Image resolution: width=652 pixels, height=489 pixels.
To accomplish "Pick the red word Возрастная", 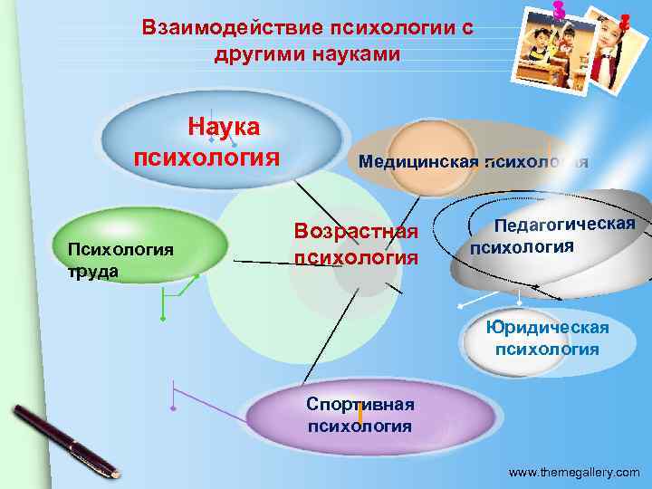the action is (356, 231).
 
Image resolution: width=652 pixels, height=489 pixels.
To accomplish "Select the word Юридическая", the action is (547, 327).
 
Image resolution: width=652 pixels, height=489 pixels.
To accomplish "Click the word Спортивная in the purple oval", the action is (360, 404).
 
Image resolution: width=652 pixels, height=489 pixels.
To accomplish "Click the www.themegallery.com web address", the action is (574, 473).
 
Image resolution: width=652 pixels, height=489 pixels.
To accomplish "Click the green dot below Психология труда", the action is (163, 320).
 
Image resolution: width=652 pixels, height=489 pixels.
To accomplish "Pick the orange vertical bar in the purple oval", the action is (360, 415).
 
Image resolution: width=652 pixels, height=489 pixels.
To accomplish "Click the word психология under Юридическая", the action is (547, 349).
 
